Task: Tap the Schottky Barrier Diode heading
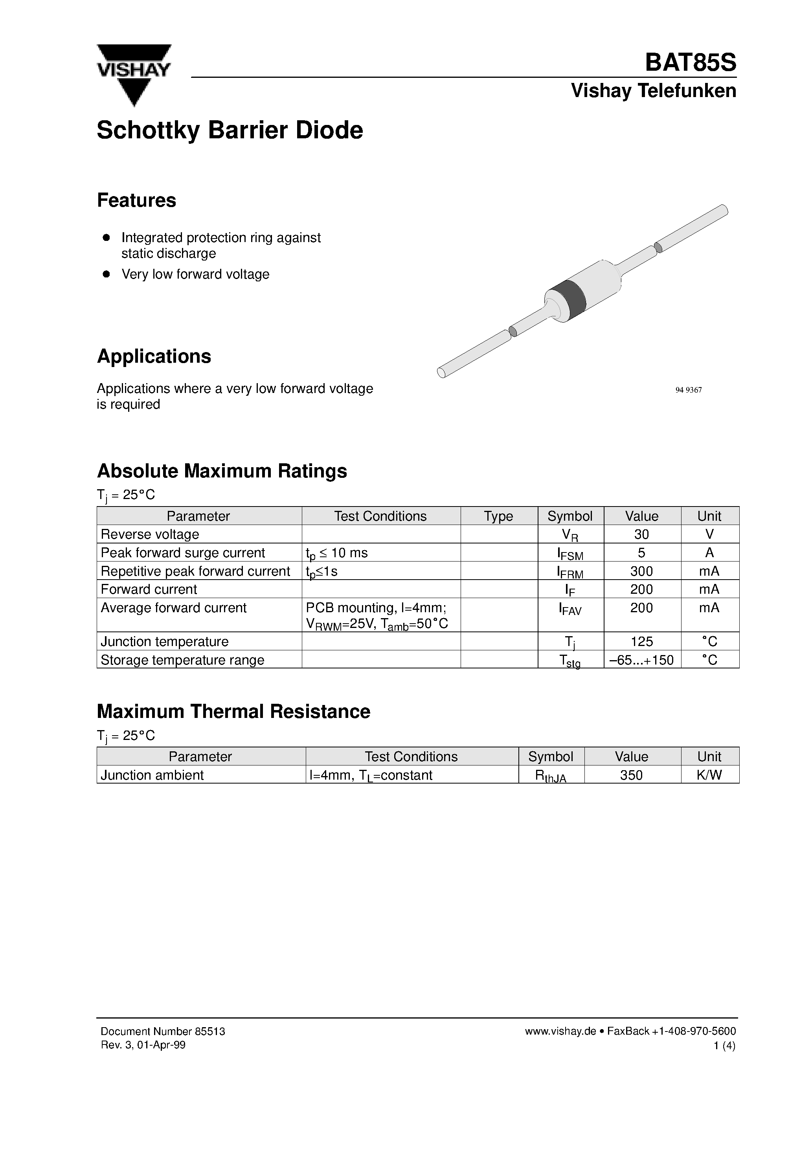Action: pyautogui.click(x=230, y=130)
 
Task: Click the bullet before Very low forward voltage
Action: pyautogui.click(x=106, y=274)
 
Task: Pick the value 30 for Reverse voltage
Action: pyautogui.click(x=641, y=534)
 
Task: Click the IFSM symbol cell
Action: pyautogui.click(x=570, y=554)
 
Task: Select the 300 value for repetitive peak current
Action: pyautogui.click(x=641, y=571)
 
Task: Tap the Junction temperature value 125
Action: pyautogui.click(x=641, y=642)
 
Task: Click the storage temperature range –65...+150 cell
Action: pyautogui.click(x=641, y=660)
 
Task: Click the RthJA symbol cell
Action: pyautogui.click(x=551, y=776)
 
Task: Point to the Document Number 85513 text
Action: pyautogui.click(x=163, y=1032)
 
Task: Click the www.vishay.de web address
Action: pyautogui.click(x=560, y=1032)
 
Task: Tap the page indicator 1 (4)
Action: pyautogui.click(x=724, y=1045)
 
